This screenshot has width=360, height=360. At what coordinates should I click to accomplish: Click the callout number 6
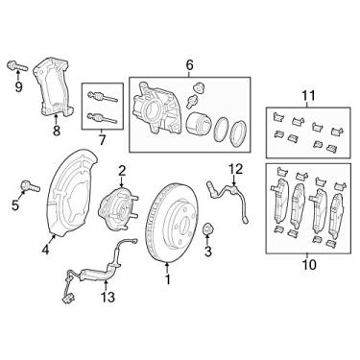(189, 65)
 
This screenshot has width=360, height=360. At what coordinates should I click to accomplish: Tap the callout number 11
(308, 94)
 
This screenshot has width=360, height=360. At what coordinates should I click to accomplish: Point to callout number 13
(108, 298)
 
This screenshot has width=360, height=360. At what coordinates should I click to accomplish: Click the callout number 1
(169, 280)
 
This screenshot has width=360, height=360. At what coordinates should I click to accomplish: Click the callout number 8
(56, 132)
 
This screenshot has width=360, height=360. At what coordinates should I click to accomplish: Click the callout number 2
(122, 171)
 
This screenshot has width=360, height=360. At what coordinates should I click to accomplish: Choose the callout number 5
(15, 204)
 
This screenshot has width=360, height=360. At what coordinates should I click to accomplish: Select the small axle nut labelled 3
(208, 230)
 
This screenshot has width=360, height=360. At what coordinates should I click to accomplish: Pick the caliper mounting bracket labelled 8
(53, 90)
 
